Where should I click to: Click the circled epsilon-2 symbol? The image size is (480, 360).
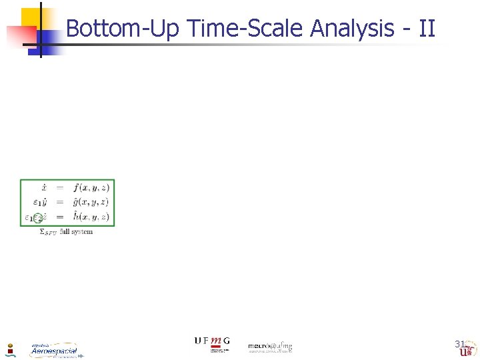pyautogui.click(x=39, y=217)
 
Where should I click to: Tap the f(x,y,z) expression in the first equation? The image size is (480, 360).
pyautogui.click(x=91, y=187)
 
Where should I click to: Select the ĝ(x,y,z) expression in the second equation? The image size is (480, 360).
pyautogui.click(x=91, y=202)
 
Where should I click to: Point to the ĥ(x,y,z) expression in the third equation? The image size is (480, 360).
pyautogui.click(x=91, y=217)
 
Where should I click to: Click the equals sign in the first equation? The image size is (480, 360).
pyautogui.click(x=59, y=188)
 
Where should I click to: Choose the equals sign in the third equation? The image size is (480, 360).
pyautogui.click(x=59, y=217)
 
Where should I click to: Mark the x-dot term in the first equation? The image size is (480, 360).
pyautogui.click(x=41, y=187)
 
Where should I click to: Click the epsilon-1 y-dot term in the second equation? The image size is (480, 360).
pyautogui.click(x=38, y=202)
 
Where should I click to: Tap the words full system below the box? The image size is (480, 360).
pyautogui.click(x=76, y=232)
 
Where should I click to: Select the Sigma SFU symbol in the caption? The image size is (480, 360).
pyautogui.click(x=48, y=233)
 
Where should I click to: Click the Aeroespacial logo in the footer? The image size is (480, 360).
pyautogui.click(x=54, y=350)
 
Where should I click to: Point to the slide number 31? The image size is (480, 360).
pyautogui.click(x=459, y=344)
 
